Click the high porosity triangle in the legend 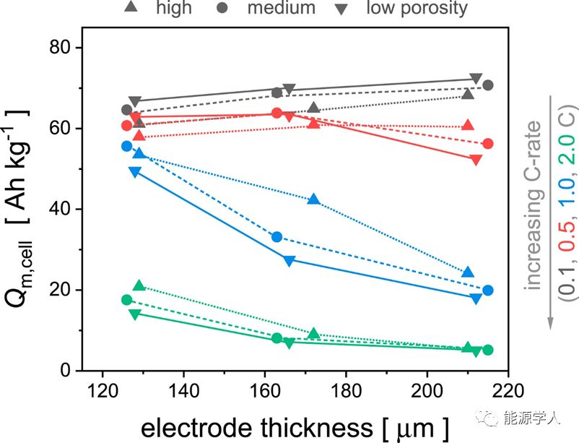point(131,8)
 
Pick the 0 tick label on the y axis point(66,371)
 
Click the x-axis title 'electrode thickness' point(252,427)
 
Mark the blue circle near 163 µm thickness point(277,237)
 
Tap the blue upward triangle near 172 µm point(313,199)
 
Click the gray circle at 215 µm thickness point(488,85)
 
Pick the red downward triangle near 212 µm point(475,160)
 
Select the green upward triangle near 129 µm point(139,286)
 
